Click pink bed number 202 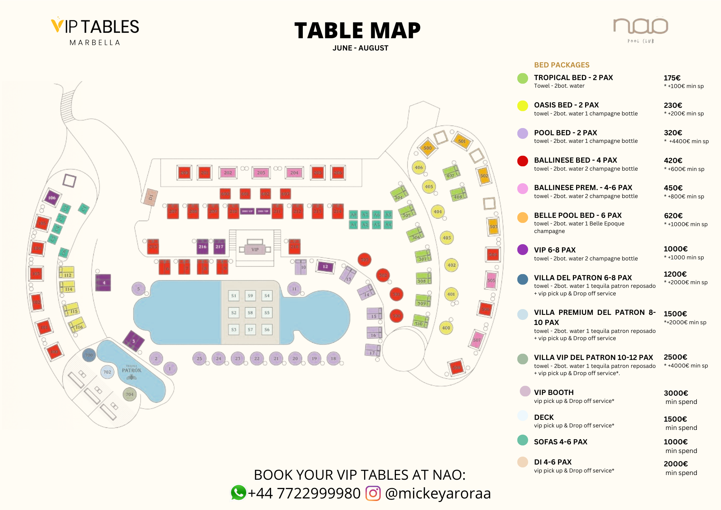[x=228, y=173]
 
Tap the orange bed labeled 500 [x=428, y=148]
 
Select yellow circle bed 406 [x=419, y=167]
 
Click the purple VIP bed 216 [x=203, y=247]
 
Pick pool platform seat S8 [x=250, y=313]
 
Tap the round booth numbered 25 [x=199, y=359]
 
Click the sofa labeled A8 [x=353, y=215]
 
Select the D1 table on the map [x=151, y=197]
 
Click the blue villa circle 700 [x=89, y=355]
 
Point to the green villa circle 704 [x=129, y=394]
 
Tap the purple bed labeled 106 [x=52, y=198]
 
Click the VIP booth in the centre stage [x=255, y=249]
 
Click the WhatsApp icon [x=238, y=493]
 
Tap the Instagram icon [x=373, y=493]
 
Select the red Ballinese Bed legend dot [x=522, y=161]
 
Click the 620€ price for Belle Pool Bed [x=673, y=216]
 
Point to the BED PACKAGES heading [x=561, y=65]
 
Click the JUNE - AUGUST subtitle [x=360, y=48]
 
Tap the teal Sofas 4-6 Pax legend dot [x=522, y=440]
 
